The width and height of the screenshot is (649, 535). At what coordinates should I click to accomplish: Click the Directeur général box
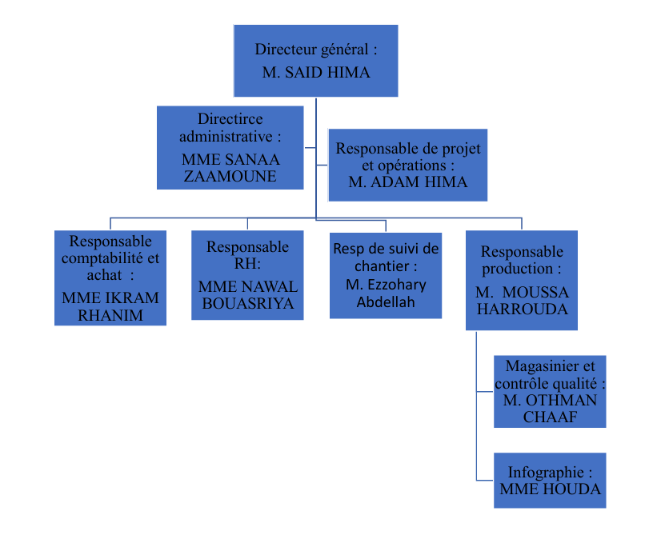coord(315,39)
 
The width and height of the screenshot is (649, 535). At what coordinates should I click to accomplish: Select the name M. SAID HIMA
coord(316,73)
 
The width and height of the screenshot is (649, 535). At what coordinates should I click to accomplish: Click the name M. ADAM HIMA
coord(408,182)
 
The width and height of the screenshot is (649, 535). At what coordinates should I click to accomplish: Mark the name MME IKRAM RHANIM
coord(110,305)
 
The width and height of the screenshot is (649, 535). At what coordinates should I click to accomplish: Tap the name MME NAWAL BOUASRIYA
coord(247,295)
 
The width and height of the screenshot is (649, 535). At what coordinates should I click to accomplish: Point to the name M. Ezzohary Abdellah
coord(386,293)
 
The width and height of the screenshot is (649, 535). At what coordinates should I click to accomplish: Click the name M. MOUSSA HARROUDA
coord(522,301)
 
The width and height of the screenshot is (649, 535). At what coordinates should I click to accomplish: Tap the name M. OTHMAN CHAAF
coord(550,409)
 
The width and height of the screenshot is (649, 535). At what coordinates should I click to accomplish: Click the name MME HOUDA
coord(550,489)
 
